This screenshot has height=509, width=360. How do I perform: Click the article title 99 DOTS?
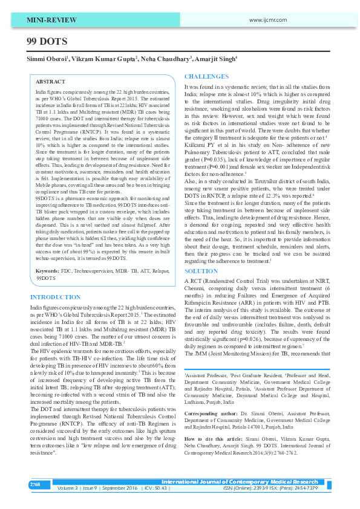[x=47, y=42]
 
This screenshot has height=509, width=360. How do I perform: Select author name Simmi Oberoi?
[x=45, y=59]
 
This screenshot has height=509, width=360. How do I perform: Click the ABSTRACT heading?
[x=51, y=80]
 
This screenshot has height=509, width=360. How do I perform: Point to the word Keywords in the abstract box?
[x=47, y=272]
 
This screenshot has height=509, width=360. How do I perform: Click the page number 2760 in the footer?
[x=35, y=485]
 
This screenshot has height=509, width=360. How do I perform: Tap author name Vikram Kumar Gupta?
[x=104, y=59]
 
